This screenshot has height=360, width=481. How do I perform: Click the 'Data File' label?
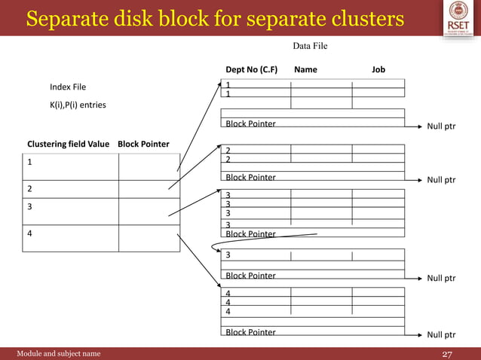(x=310, y=47)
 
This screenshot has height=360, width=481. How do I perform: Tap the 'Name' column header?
(x=305, y=69)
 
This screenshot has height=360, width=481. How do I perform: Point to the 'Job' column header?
(x=378, y=69)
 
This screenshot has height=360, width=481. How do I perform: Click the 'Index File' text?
(x=68, y=87)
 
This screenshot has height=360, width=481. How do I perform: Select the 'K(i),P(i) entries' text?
(x=78, y=105)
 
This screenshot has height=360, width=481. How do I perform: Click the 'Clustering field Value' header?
(x=69, y=144)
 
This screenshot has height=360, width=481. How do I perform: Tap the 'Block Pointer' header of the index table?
(x=143, y=144)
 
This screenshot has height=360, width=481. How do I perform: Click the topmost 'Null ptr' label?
(x=441, y=127)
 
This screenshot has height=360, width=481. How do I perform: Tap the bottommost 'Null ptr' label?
(x=441, y=334)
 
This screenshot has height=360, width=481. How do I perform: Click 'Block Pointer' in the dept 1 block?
(x=250, y=124)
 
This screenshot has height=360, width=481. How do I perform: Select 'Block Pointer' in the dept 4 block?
(x=250, y=332)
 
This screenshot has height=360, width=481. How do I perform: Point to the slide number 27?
(x=446, y=354)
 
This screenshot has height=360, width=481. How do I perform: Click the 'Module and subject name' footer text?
(x=58, y=353)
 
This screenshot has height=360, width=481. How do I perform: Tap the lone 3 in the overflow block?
(x=228, y=255)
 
